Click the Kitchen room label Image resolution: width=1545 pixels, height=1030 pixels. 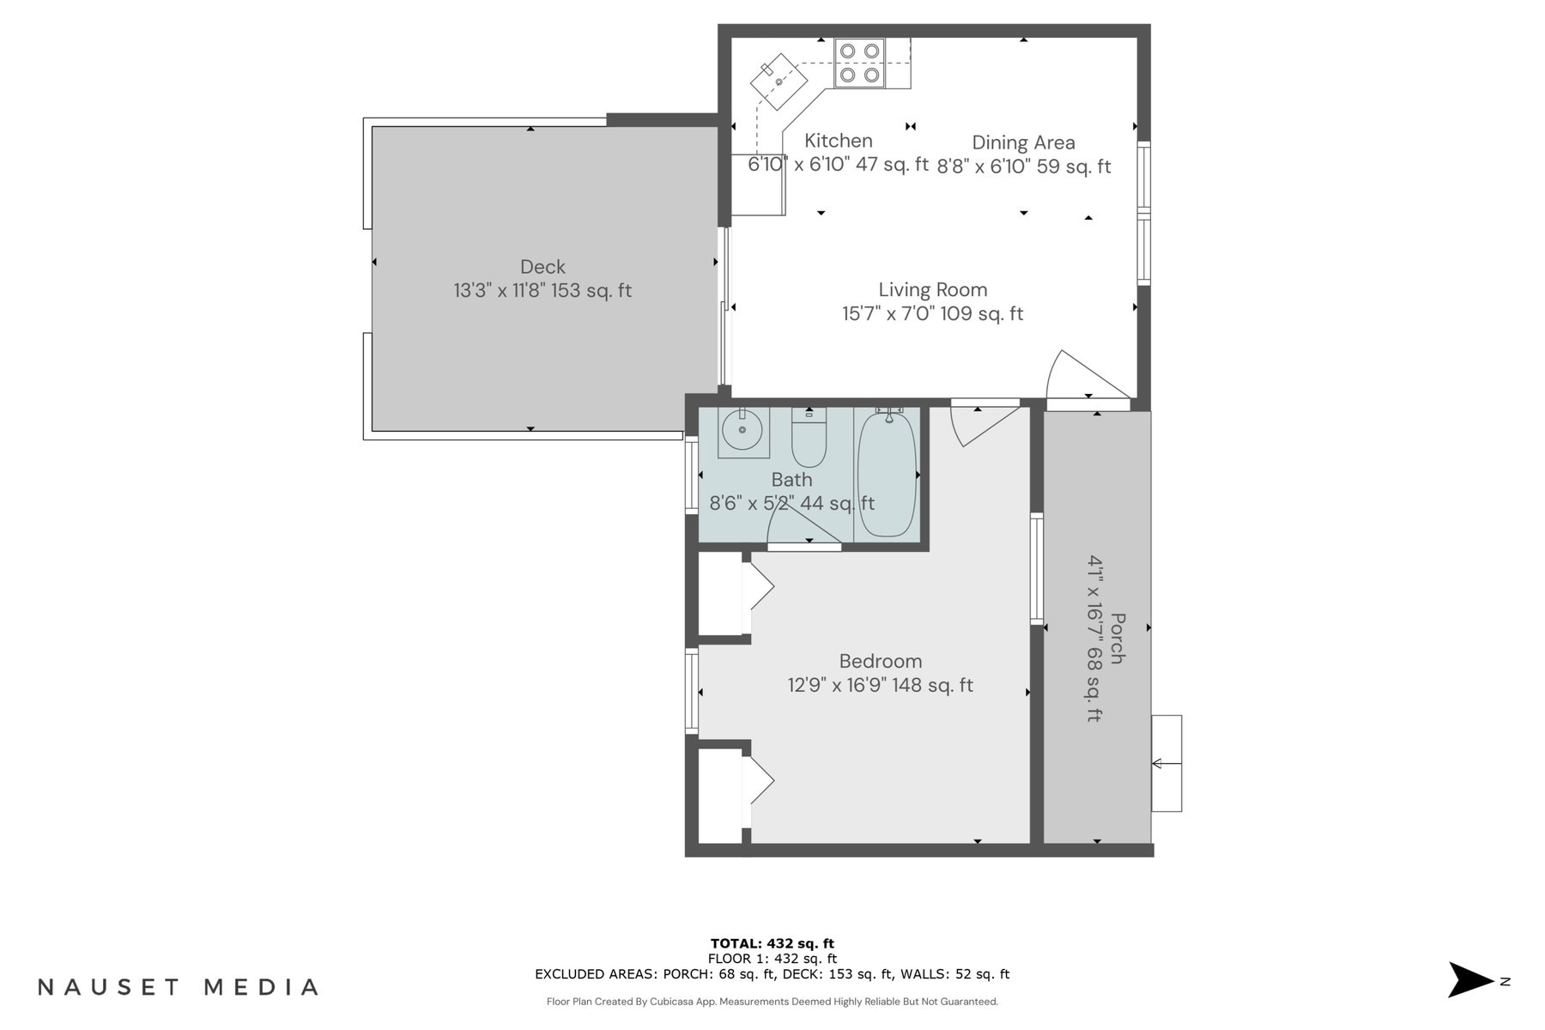point(838,141)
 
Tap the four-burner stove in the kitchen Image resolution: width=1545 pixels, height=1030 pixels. point(860,63)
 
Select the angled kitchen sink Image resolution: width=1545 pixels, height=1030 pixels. point(779,82)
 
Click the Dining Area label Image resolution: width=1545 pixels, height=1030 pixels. point(1023,142)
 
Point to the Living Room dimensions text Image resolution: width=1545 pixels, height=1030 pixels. point(932,314)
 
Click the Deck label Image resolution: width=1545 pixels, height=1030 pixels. point(542,267)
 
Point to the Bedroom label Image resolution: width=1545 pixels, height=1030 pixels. point(881,661)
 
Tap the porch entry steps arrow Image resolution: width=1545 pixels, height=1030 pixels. point(1166,763)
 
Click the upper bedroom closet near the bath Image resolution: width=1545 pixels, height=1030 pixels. point(720,593)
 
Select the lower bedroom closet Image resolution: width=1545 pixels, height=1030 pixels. point(720,794)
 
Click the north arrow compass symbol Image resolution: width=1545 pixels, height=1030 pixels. point(1470,980)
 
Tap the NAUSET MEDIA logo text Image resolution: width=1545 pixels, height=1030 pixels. point(179,987)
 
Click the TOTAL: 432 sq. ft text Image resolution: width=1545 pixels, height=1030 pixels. point(772,943)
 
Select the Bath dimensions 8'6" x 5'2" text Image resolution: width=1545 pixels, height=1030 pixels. point(791,504)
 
